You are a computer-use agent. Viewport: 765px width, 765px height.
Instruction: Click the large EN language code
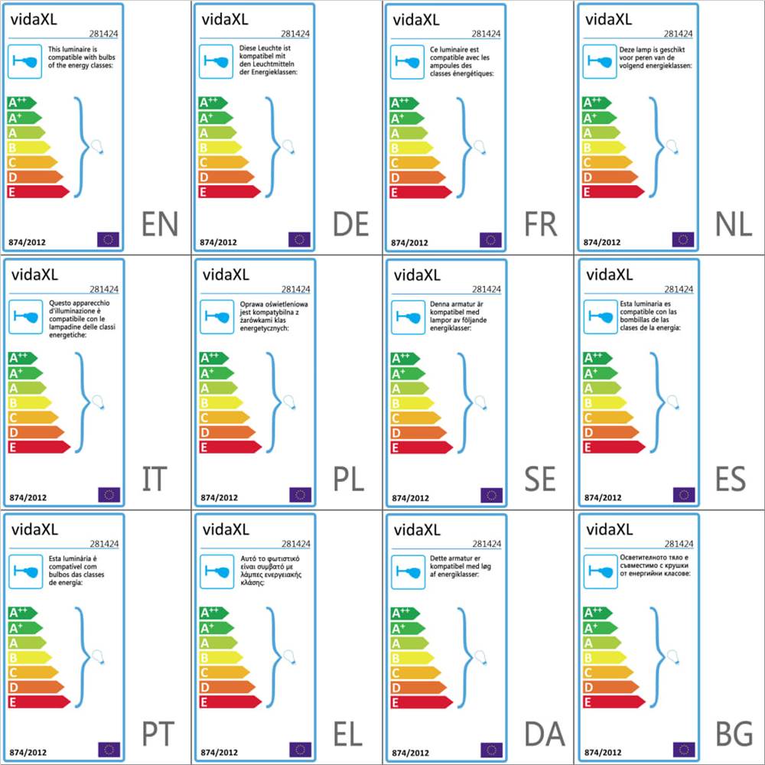pos(160,225)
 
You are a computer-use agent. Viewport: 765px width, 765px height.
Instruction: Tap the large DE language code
pos(351,225)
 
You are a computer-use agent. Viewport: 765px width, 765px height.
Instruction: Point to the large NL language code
pos(734,225)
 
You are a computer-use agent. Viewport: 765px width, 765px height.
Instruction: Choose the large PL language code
pos(349,480)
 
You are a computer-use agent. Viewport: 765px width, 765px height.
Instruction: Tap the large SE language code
pos(540,480)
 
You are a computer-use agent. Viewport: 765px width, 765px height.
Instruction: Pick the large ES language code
pos(734,480)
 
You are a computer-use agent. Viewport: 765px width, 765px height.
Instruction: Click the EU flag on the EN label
pos(109,239)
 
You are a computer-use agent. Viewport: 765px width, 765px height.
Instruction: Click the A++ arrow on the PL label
pos(214,357)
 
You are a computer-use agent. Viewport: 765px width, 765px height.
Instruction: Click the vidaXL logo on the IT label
pos(34,275)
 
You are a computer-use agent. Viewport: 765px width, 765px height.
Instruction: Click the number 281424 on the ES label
pos(679,289)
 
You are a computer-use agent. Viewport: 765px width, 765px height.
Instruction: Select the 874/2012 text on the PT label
pos(28,752)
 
